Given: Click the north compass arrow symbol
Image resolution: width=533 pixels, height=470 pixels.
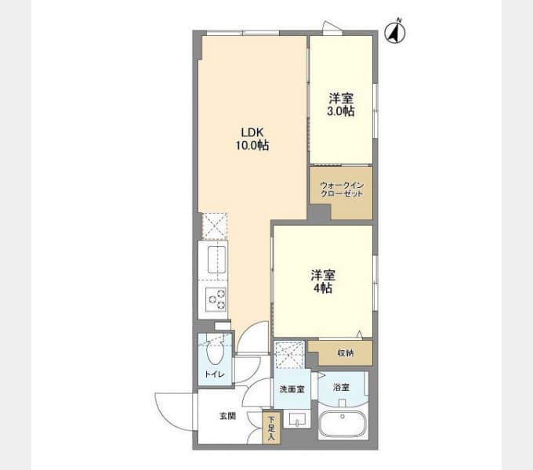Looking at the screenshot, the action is point(394,33).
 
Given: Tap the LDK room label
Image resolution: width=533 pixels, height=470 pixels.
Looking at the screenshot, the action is point(252,132).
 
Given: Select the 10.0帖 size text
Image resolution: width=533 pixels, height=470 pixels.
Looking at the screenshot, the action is point(252,146).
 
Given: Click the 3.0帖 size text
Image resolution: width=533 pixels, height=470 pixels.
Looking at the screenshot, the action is point(341,111).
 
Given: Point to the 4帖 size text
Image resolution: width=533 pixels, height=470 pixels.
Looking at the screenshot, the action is point(323,288).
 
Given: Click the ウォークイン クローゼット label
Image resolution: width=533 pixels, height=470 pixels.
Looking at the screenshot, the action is point(342,190).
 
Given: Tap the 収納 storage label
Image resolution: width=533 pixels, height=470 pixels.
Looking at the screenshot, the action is point(346,353).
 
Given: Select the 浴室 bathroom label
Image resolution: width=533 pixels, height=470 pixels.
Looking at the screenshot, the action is point(341,387).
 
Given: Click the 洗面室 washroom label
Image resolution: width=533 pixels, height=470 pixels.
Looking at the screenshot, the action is point(292,389).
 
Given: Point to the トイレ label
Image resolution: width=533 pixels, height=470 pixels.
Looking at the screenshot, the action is point(214,374).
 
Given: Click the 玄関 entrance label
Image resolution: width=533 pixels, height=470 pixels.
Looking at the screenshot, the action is point(227,416).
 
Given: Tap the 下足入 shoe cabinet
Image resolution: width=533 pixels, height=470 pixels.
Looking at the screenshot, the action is point(271,428).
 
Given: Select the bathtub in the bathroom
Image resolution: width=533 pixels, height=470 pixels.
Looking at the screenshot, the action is point(343,425).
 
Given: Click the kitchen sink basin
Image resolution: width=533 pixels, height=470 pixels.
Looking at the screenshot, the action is point(216,260).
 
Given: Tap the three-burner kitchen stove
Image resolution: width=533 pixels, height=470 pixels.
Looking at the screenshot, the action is point(216,299).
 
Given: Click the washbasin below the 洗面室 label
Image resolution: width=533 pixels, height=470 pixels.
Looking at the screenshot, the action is point(297,419).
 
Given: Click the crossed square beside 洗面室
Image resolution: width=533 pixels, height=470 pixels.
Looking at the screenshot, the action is point(289,355).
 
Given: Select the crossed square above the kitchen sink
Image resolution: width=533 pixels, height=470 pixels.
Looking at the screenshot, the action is point(214,226).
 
